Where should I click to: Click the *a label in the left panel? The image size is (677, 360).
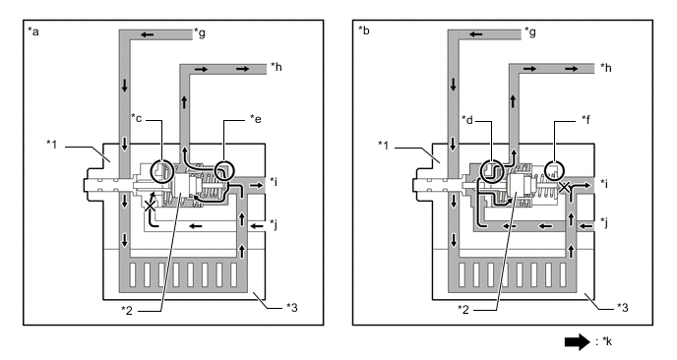click(33, 31)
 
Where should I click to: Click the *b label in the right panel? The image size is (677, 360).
click(363, 30)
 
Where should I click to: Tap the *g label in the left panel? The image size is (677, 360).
click(200, 32)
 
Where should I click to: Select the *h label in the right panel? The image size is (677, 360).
click(606, 67)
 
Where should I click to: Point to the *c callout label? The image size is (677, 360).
click(137, 118)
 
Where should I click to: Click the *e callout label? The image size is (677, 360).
click(256, 119)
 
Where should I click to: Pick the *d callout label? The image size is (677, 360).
click(467, 119)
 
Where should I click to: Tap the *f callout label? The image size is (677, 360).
click(585, 119)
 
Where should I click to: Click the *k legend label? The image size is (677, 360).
click(606, 341)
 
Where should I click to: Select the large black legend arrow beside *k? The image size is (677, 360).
click(578, 341)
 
